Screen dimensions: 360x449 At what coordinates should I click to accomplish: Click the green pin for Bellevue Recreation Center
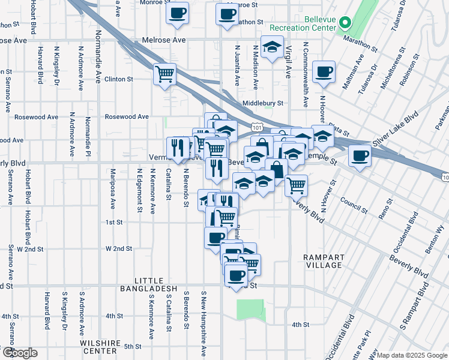coord(345,24)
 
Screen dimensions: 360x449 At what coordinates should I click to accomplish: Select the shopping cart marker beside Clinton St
coord(164,75)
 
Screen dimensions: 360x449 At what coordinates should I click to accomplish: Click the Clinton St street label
coord(118,79)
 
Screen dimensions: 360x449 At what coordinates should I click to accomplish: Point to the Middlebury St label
coord(262,103)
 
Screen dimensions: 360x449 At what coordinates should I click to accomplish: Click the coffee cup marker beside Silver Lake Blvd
coord(360,157)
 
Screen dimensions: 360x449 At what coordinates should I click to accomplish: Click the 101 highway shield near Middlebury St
coord(257,127)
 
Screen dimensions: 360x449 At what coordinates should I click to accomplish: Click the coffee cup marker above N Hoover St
coord(323,72)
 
